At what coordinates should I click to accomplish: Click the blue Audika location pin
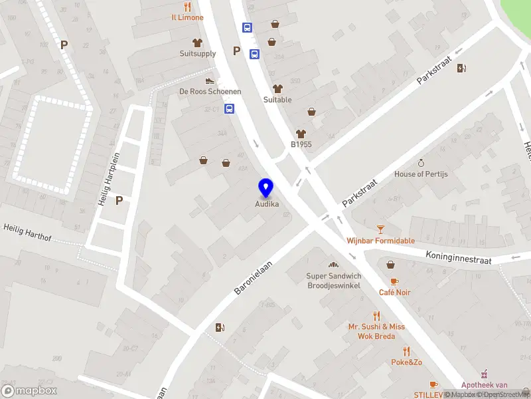(x=265, y=188)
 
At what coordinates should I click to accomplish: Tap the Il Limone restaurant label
(x=187, y=17)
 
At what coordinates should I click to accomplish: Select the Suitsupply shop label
(x=198, y=53)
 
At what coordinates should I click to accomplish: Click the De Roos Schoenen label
(x=210, y=91)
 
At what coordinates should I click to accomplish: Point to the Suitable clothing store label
(x=277, y=100)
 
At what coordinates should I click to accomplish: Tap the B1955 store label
(x=301, y=144)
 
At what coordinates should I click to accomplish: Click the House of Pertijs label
(x=421, y=174)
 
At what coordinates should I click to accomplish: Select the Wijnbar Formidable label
(x=380, y=241)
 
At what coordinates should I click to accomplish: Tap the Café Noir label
(x=394, y=292)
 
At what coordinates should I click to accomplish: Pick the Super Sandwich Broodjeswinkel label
(x=333, y=281)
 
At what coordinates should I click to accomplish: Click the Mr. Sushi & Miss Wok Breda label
(x=376, y=331)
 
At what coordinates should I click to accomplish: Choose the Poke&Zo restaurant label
(x=406, y=362)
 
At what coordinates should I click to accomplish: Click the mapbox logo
(x=29, y=391)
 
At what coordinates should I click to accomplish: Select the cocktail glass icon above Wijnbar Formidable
(x=380, y=229)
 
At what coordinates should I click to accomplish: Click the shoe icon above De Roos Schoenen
(x=210, y=80)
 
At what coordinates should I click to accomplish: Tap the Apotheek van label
(x=485, y=385)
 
